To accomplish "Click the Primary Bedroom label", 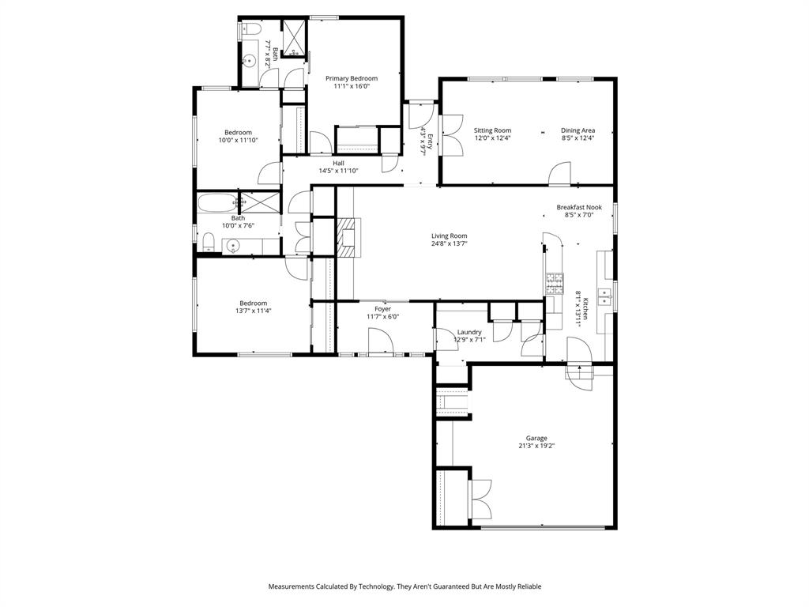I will point(352,78).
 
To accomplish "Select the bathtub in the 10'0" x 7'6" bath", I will point(216,202).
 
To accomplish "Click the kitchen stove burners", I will point(555,279).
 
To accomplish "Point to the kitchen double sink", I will point(606,298).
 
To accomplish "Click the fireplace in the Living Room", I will point(346,235).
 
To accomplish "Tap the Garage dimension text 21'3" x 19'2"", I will point(536,446).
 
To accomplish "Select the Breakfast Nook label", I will point(578,207).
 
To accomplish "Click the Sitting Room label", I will point(492,130).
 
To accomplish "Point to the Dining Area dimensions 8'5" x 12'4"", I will point(578,138).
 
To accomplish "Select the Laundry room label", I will point(468,332).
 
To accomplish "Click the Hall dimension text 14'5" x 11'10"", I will point(338,171).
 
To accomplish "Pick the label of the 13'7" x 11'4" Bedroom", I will point(253,303).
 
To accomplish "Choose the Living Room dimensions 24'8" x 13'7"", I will point(449,244).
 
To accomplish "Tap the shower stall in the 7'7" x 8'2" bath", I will point(293,37).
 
